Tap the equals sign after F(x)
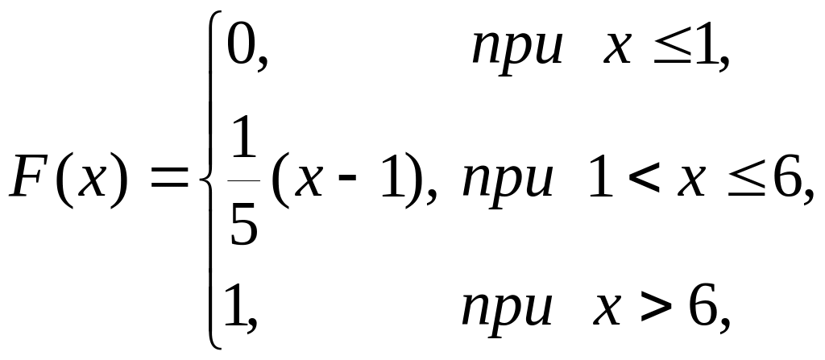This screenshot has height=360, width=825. coord(170,184)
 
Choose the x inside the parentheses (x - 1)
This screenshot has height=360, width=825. coord(302,186)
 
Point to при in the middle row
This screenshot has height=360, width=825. coord(507,186)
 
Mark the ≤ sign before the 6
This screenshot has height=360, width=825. coord(743,185)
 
